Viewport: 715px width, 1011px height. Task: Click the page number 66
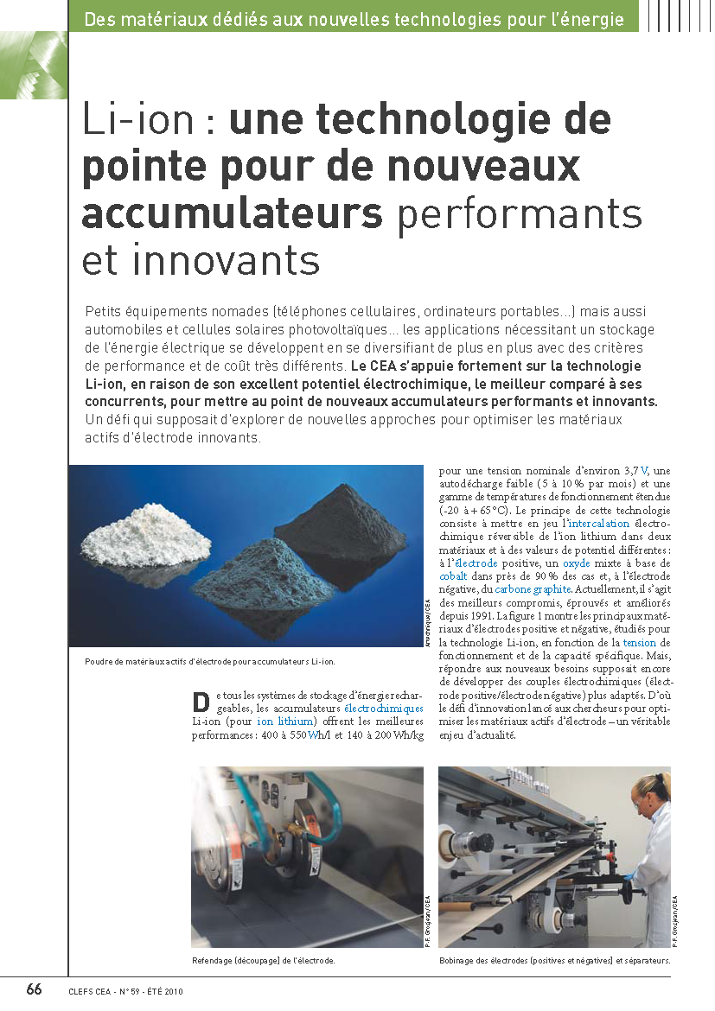coord(34,989)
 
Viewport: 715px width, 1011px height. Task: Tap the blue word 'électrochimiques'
coord(383,709)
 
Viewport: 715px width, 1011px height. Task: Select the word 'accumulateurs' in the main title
coord(232,212)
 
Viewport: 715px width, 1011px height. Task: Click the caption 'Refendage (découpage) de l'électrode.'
coord(263,961)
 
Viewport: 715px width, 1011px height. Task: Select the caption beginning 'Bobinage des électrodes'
coord(554,961)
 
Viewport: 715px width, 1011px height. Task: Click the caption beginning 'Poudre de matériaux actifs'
coord(210,662)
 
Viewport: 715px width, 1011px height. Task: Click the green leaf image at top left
coord(34,65)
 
